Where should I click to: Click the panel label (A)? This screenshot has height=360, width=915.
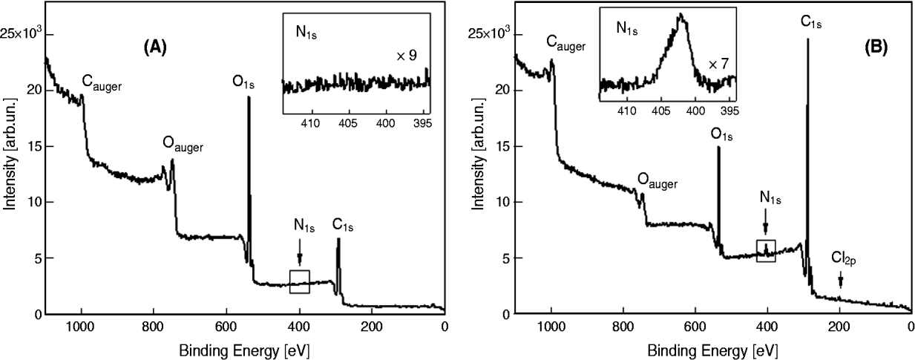155,48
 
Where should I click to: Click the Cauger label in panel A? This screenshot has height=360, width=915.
101,85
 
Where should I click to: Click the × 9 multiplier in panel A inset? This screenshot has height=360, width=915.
405,56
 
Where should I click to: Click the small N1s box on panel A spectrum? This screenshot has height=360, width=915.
300,281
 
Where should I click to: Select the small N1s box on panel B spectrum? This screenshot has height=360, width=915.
766,250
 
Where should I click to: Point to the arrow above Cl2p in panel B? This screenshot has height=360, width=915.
840,280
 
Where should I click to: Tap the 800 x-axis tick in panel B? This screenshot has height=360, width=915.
623,327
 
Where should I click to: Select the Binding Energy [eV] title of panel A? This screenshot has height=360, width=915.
245,347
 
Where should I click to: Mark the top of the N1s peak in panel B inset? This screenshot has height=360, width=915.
680,14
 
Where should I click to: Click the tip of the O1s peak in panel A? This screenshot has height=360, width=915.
249,98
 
